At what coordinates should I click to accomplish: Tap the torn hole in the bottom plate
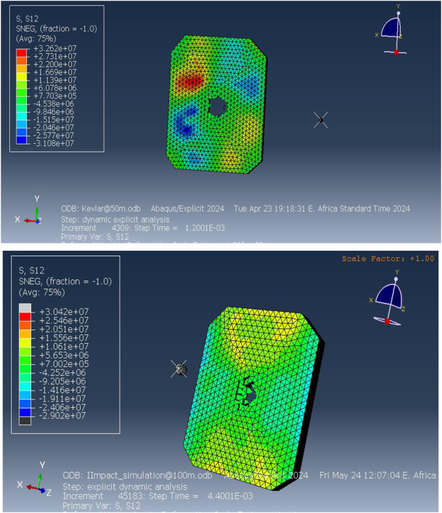247,391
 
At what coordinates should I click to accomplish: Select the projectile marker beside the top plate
321,120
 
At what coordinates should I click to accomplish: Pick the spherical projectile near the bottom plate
179,368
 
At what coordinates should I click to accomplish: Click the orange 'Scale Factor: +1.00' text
388,259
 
